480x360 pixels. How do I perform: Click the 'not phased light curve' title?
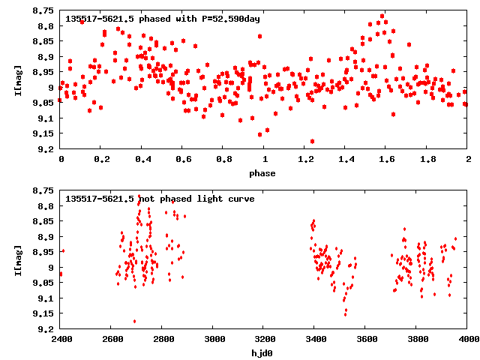click(x=160, y=199)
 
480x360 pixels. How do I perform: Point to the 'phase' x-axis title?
click(x=262, y=173)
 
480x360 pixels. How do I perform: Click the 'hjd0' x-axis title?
click(x=262, y=353)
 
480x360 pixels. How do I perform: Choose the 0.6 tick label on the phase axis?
click(x=182, y=159)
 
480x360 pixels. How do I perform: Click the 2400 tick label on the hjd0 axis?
click(x=61, y=339)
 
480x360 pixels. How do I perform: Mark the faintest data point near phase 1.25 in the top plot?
click(x=312, y=141)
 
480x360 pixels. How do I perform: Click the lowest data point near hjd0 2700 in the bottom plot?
click(x=135, y=321)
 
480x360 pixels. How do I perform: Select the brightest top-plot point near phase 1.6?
click(x=382, y=16)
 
